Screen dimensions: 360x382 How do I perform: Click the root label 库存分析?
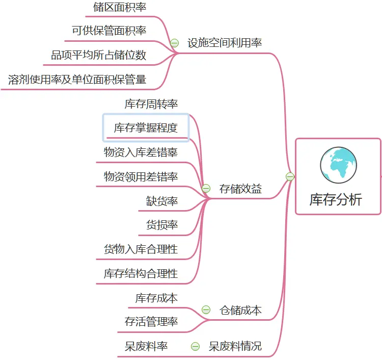[336, 199]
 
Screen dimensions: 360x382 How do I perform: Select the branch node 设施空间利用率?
[225, 43]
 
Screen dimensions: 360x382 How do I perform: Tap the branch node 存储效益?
[240, 189]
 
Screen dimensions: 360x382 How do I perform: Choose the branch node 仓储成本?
[240, 310]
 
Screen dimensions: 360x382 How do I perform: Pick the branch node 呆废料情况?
[235, 347]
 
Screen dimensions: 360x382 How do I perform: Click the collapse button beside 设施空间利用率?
[175, 43]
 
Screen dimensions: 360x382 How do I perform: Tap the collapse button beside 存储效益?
[206, 189]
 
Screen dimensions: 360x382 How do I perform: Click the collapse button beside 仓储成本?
[206, 310]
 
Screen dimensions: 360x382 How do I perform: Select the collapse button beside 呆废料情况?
[195, 347]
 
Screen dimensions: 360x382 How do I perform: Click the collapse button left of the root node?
[290, 177]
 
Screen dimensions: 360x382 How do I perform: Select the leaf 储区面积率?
[120, 7]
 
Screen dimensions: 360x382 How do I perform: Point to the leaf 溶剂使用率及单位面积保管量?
[77, 80]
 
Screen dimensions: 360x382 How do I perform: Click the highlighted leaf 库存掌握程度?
[146, 127]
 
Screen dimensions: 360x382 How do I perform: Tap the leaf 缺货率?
[162, 201]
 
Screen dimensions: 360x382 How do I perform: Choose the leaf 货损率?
[162, 225]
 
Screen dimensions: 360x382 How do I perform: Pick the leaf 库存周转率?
[151, 104]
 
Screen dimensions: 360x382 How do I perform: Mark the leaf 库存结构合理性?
[141, 274]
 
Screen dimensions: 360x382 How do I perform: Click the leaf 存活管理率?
[151, 322]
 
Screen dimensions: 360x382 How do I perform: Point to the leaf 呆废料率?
[146, 347]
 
